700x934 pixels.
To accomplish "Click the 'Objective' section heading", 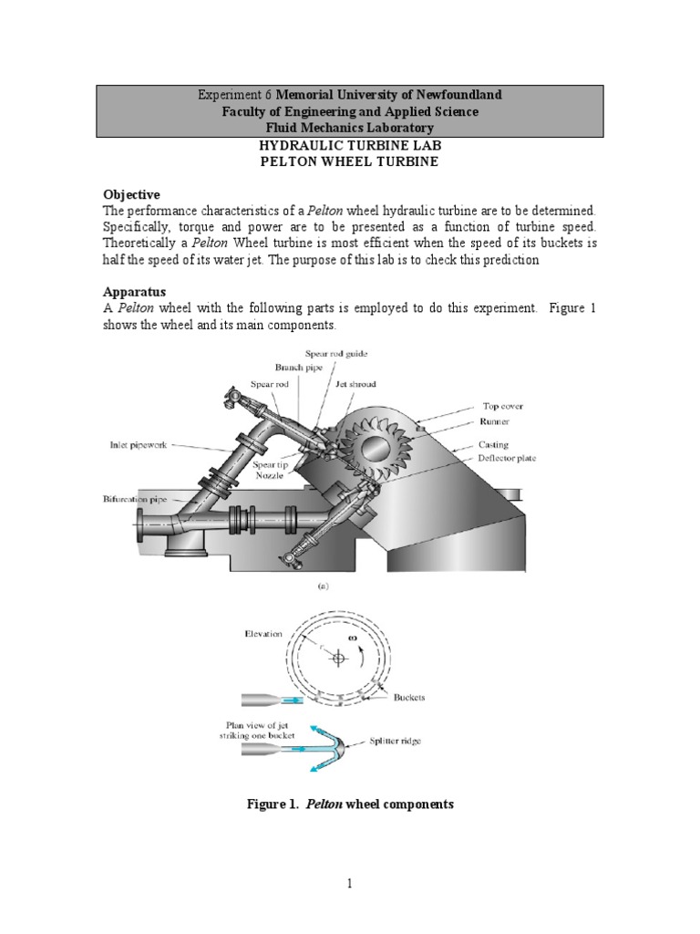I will [130, 195].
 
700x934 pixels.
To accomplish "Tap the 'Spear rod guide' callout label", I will [335, 354].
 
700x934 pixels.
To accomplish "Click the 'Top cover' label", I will [503, 406].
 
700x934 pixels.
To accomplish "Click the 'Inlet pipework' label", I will [132, 445].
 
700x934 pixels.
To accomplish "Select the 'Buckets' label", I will [409, 698].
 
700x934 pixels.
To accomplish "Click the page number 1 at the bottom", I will [350, 884].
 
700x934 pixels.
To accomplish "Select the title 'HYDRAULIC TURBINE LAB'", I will [350, 146].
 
